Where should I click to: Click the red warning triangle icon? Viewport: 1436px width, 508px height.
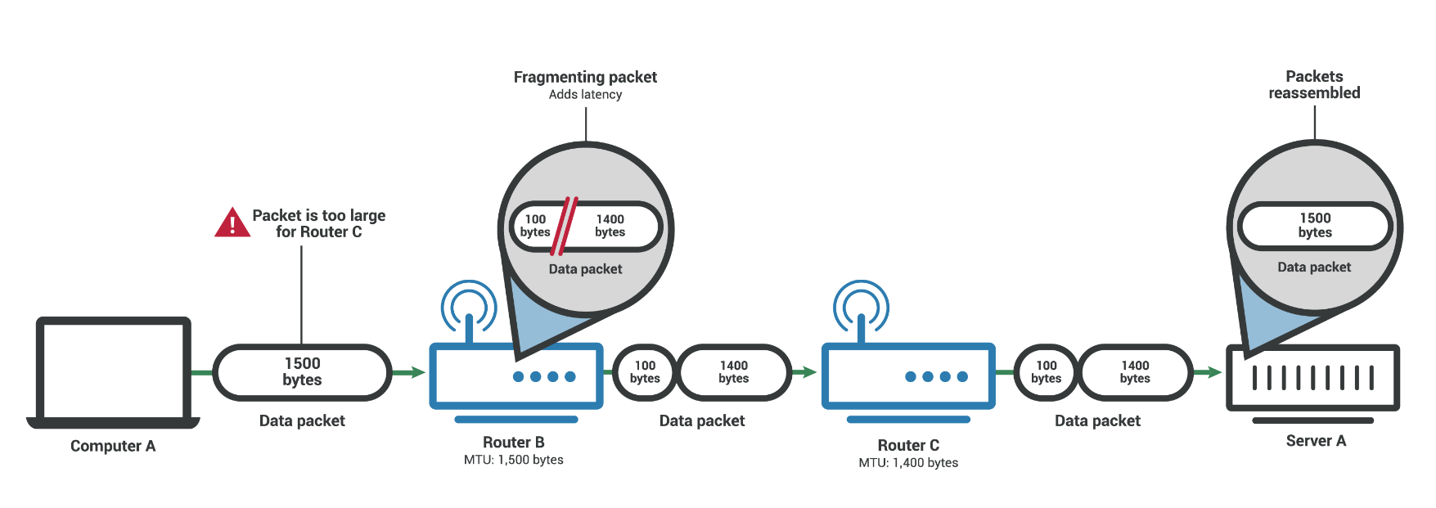(x=232, y=223)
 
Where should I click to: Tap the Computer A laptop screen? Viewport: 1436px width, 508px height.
(x=114, y=370)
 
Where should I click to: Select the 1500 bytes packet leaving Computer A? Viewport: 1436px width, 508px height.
(x=302, y=372)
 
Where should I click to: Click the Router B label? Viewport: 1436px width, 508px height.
(x=513, y=443)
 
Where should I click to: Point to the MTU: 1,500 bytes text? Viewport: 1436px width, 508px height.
(x=513, y=460)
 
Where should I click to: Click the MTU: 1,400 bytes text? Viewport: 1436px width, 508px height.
(x=908, y=463)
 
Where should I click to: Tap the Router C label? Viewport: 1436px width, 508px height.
(x=908, y=446)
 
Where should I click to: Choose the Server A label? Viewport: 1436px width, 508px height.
(x=1316, y=441)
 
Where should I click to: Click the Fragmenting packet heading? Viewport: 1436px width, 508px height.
(x=585, y=77)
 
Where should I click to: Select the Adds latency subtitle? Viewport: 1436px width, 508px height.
(x=585, y=95)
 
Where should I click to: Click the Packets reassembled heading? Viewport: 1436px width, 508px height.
(x=1314, y=85)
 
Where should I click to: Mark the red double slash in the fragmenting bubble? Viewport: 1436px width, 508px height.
(x=565, y=226)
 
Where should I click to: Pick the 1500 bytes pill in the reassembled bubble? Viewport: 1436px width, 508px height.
(x=1315, y=226)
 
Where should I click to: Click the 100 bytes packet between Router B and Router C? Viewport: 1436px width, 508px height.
(x=645, y=372)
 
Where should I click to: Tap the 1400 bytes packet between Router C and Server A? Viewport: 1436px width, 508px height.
(x=1135, y=372)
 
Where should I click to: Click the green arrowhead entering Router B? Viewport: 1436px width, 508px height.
(x=417, y=373)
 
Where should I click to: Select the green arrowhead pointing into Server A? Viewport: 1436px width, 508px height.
(x=1214, y=373)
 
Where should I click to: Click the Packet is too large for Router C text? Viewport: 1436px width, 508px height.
(x=318, y=223)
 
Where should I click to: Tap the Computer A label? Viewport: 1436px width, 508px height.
(x=113, y=446)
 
